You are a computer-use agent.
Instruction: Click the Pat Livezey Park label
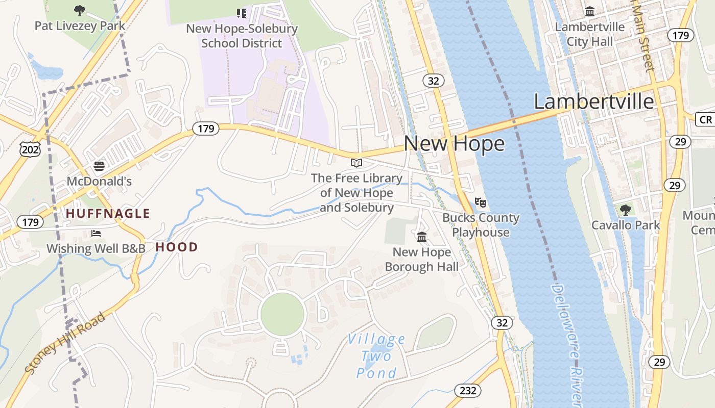(x=79, y=25)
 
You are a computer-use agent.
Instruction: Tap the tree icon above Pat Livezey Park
(x=79, y=10)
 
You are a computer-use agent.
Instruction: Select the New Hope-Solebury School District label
(x=242, y=36)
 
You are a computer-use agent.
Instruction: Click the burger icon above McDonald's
(x=99, y=166)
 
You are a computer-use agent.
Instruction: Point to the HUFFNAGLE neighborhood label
(x=108, y=214)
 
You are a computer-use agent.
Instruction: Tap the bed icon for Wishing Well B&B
(x=96, y=234)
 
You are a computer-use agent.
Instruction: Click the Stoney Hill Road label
(x=65, y=343)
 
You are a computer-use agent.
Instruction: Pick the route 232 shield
(x=467, y=391)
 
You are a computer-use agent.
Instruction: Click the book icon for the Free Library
(x=356, y=163)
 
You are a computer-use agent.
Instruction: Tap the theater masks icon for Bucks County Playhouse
(x=480, y=202)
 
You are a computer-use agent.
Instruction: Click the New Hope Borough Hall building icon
(x=422, y=237)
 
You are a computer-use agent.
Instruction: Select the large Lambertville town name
(x=593, y=101)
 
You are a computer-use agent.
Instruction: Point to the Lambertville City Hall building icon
(x=590, y=11)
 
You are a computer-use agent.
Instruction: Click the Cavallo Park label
(x=625, y=225)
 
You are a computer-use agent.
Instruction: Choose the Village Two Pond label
(x=376, y=356)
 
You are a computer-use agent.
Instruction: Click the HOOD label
(x=176, y=247)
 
